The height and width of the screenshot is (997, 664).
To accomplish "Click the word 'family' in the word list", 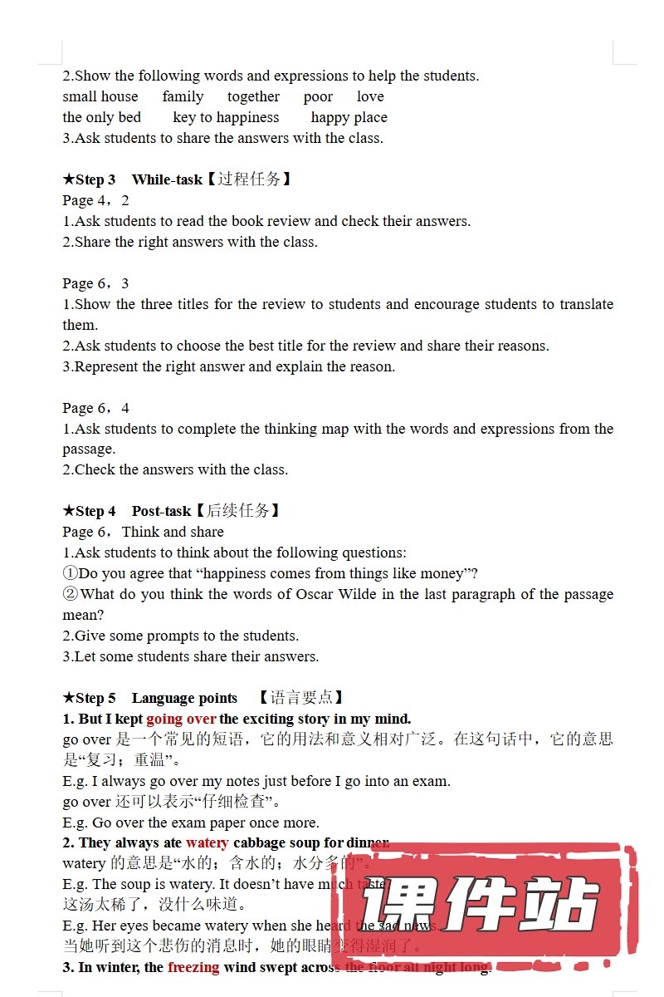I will click(x=183, y=96).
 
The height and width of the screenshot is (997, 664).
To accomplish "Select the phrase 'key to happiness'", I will click(x=226, y=117).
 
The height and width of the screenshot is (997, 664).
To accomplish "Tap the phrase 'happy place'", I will click(x=349, y=117).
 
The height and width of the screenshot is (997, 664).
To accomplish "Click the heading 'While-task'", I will click(x=167, y=179).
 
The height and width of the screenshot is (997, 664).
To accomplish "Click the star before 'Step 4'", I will click(x=69, y=511).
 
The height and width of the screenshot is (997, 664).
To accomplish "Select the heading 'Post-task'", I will click(x=161, y=511).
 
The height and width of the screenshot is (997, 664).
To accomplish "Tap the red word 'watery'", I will click(x=207, y=842).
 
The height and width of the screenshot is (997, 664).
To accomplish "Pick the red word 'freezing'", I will click(x=193, y=967).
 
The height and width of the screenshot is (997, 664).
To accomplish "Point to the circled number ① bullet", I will click(x=70, y=573).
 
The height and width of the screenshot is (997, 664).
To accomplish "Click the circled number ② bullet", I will click(x=70, y=594).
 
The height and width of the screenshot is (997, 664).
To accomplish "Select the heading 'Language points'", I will click(x=184, y=698).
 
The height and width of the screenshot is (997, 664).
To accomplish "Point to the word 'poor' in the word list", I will click(x=318, y=96).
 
